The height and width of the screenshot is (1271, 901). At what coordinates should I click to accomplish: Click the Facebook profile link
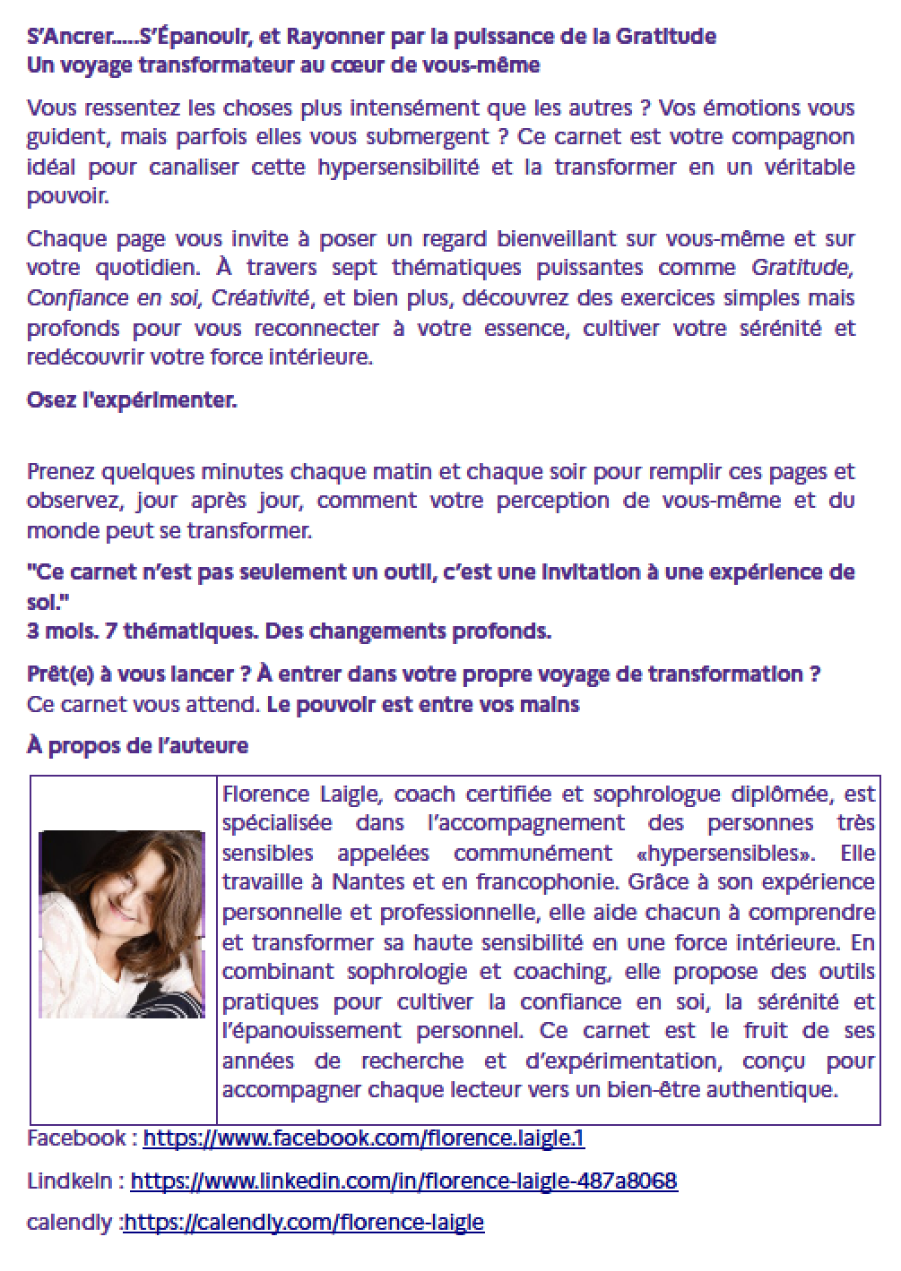click(x=363, y=1138)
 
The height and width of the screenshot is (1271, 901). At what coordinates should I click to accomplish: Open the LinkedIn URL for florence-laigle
click(x=403, y=1181)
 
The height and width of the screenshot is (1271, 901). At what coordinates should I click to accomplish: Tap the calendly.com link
click(x=304, y=1223)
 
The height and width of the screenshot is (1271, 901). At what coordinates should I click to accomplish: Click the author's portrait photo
click(x=122, y=923)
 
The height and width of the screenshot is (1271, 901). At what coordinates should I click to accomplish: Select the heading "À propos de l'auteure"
click(x=137, y=746)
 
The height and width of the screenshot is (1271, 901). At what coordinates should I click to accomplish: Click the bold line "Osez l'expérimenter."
click(x=132, y=400)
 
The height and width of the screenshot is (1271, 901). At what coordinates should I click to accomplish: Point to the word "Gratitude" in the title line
click(x=665, y=37)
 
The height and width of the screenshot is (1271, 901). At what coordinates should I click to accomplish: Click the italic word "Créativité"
click(x=260, y=298)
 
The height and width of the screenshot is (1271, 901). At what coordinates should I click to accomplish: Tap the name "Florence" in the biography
click(x=264, y=794)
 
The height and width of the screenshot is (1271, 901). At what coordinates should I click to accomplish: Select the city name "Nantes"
click(x=368, y=882)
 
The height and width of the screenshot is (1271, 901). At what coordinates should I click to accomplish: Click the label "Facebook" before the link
click(x=76, y=1138)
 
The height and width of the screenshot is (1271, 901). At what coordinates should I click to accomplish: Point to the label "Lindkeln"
click(x=70, y=1181)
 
